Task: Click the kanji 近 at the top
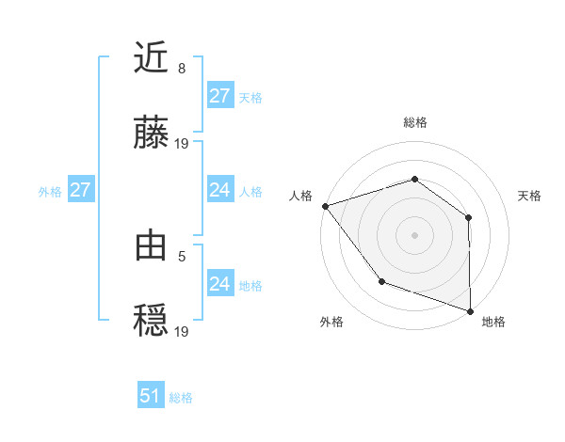coord(152,60)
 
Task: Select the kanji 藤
coord(152,134)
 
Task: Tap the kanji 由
coord(152,245)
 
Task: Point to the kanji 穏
coord(152,320)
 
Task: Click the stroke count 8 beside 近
coord(182,69)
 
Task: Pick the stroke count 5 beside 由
coord(182,254)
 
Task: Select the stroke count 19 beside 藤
coord(182,143)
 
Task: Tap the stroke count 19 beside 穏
coord(182,329)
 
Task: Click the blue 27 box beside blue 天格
coord(219,97)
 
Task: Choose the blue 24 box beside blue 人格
coord(219,190)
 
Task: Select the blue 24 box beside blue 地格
coord(219,283)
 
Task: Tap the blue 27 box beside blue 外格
coord(80,190)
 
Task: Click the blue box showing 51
coord(151,396)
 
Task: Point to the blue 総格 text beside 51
coord(181,398)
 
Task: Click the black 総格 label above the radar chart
coord(414,122)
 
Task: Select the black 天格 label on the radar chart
coord(529,196)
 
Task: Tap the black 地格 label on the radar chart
coord(493,322)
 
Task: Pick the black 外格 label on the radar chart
coord(331,322)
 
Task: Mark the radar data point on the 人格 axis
coord(325,206)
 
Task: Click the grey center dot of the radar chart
coord(414,234)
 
